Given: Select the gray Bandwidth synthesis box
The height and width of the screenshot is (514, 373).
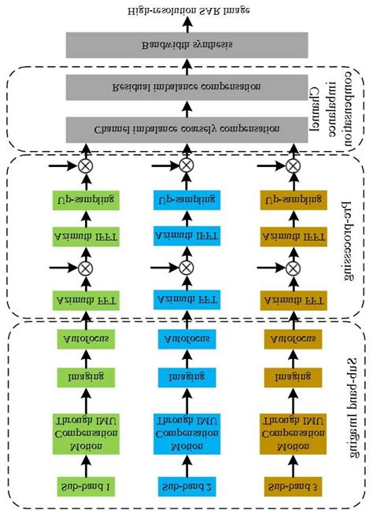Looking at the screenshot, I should [186, 46].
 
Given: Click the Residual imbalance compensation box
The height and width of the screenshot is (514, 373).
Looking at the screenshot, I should [186, 87].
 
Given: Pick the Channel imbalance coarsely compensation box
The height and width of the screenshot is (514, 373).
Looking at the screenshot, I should [186, 128].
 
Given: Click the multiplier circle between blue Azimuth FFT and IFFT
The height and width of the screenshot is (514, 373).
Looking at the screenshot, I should [186, 268].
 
